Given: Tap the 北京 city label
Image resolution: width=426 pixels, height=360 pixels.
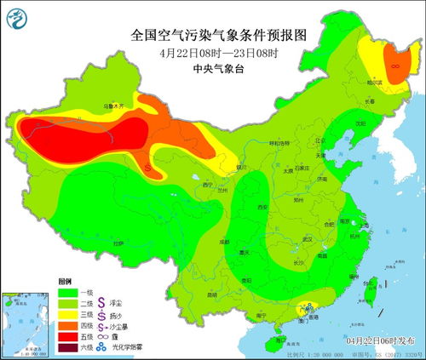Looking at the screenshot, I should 320,141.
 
